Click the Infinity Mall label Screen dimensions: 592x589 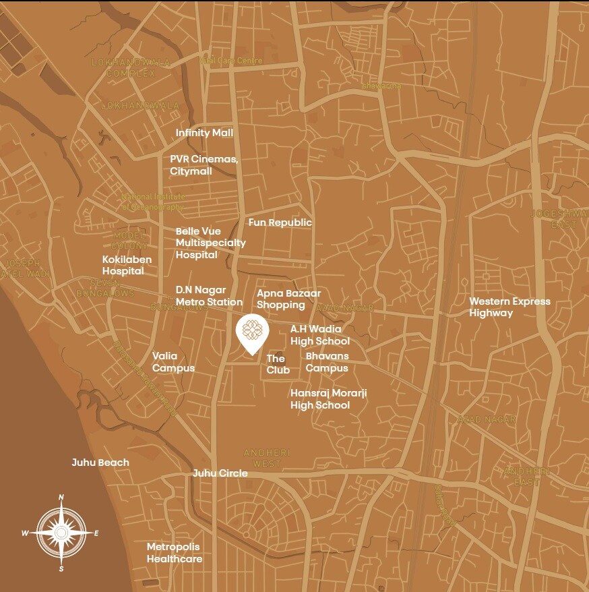click(204, 133)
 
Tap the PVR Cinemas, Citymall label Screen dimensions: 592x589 click(204, 165)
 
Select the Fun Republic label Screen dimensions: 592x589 click(280, 223)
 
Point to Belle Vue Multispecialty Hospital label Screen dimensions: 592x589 click(210, 243)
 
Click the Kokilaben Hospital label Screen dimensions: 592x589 click(127, 265)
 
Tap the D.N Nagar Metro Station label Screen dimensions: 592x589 click(209, 296)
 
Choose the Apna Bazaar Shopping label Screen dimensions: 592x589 click(288, 299)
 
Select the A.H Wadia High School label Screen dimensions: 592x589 click(320, 335)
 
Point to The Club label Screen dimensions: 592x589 click(278, 364)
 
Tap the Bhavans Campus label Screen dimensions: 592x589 click(327, 362)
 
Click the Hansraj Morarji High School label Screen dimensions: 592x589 click(328, 398)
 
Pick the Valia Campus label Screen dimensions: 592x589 click(173, 362)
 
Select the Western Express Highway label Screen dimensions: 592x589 click(509, 307)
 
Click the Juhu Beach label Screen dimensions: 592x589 click(100, 463)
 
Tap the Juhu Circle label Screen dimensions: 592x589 click(220, 473)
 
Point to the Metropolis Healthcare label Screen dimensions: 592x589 click(175, 553)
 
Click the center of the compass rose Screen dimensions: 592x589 click(61, 533)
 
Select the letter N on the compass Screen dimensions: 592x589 click(61, 498)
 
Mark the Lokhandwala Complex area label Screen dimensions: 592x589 click(131, 67)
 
